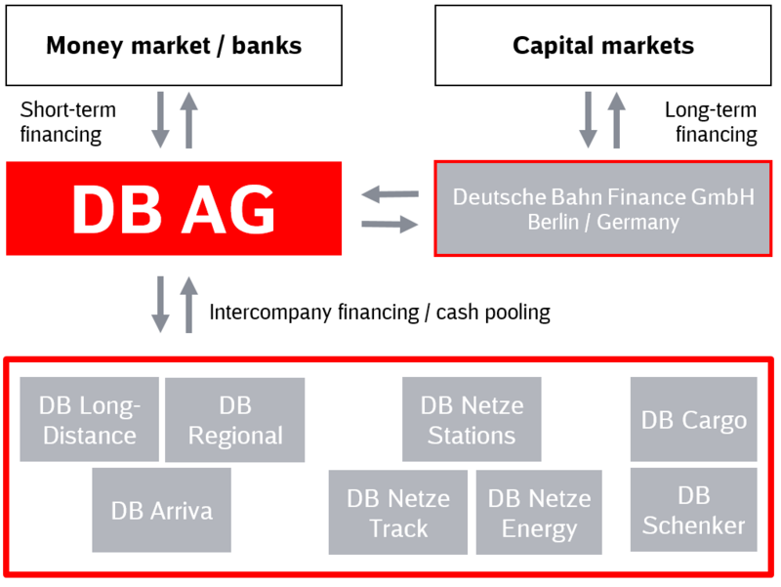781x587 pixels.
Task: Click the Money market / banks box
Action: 174,45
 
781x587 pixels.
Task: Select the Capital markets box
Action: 603,45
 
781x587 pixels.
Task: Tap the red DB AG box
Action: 174,208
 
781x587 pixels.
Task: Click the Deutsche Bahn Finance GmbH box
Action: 603,208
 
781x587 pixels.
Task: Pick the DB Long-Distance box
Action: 90,419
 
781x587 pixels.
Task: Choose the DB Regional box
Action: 235,420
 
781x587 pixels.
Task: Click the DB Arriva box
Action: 161,510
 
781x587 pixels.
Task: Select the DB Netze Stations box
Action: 472,419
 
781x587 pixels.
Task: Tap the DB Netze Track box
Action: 398,512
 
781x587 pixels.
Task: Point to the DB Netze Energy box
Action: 539,512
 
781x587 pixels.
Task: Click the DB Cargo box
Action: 694,419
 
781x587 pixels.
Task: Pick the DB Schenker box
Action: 694,509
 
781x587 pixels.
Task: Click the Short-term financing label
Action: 67,122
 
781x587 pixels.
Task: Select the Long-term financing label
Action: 711,122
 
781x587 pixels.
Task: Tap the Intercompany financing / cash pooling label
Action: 380,313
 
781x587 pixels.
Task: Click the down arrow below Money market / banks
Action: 160,119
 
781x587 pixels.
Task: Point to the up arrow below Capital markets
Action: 617,119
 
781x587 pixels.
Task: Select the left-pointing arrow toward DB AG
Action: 390,193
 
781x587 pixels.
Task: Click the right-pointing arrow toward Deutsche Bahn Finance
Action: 390,225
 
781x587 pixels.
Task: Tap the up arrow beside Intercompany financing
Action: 188,305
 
